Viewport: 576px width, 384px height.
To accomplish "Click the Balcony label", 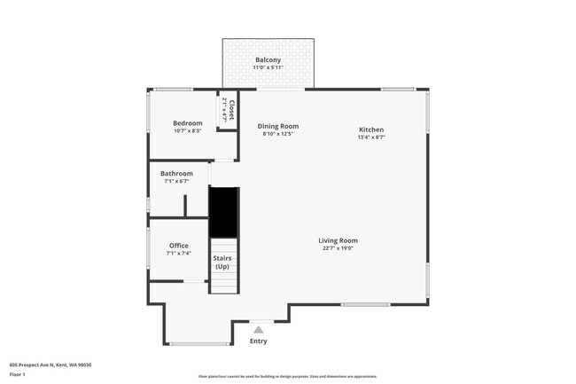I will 268,60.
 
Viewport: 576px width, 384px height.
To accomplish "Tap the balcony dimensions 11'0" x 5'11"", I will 268,68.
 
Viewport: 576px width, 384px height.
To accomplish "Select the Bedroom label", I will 187,122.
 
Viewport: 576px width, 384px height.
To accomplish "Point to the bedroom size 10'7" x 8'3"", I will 187,130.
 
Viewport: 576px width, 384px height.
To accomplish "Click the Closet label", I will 231,111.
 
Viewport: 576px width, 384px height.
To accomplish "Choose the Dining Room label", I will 277,126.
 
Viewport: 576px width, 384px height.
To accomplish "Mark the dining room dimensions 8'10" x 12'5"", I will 277,134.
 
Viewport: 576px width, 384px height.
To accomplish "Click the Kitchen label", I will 370,129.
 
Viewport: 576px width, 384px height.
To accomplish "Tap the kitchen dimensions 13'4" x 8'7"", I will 370,137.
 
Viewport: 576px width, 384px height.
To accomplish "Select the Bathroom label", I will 176,174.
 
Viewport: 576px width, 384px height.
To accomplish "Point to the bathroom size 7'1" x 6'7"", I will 176,181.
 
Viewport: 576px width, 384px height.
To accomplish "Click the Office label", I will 178,246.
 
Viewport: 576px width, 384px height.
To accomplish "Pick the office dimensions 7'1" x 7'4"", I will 178,254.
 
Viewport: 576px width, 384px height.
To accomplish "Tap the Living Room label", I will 338,240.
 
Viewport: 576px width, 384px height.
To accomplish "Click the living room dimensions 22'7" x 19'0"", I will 338,248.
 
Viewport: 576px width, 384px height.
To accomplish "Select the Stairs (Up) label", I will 222,263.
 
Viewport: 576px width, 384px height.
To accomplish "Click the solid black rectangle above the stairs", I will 223,212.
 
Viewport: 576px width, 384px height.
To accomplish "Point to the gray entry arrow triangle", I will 259,329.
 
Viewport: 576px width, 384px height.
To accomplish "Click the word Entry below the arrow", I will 259,341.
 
